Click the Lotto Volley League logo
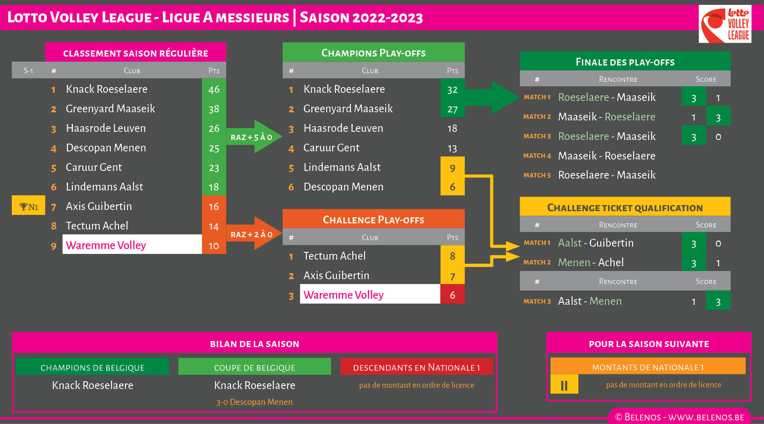[x=725, y=24]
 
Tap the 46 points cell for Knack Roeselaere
[x=214, y=89]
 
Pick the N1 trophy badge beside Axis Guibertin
[x=29, y=206]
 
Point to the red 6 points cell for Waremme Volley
[x=452, y=295]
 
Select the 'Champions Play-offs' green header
[x=373, y=53]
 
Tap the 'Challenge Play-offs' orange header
[x=373, y=220]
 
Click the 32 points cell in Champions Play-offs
[x=452, y=90]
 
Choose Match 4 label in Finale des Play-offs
[x=537, y=156]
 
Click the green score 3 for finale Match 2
[x=718, y=117]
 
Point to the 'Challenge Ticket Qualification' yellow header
[x=625, y=208]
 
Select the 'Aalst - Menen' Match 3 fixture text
[x=590, y=301]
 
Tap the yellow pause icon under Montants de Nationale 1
[x=564, y=385]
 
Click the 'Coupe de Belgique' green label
[x=255, y=367]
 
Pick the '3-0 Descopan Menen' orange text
[x=255, y=402]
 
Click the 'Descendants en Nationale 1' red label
[x=416, y=367]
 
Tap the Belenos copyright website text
[x=680, y=417]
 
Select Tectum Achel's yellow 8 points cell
[x=452, y=256]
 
